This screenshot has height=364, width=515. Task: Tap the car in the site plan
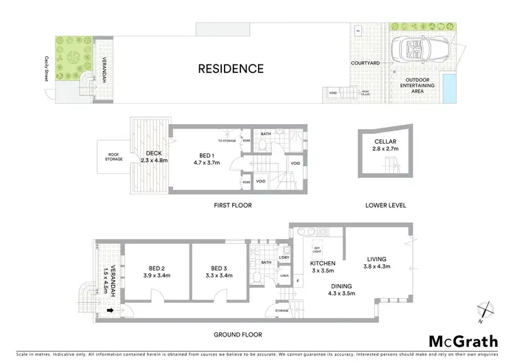pos(413,49)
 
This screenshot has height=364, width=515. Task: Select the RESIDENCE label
pos(231,69)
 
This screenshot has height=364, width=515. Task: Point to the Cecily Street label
pos(47,69)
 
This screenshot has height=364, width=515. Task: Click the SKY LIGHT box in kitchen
pos(318,251)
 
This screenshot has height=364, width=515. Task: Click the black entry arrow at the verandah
pos(110,310)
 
